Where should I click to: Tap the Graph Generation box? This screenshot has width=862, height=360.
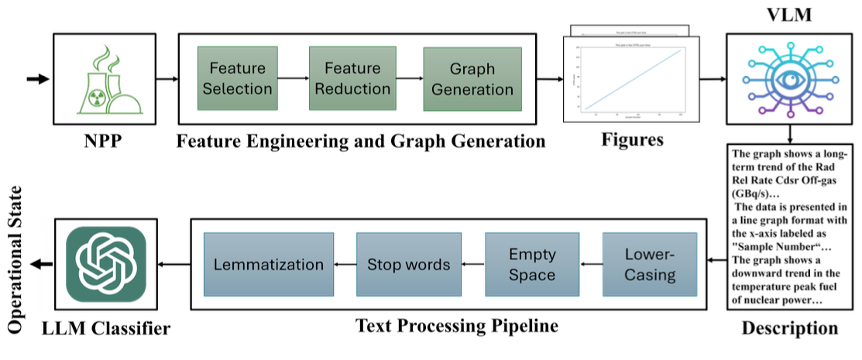(x=472, y=79)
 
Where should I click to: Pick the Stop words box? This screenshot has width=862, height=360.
(x=409, y=264)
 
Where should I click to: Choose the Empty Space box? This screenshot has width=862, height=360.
(x=531, y=264)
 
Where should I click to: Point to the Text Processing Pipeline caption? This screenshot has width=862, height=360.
(x=456, y=325)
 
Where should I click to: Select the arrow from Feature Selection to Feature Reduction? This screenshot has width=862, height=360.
(x=293, y=78)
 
